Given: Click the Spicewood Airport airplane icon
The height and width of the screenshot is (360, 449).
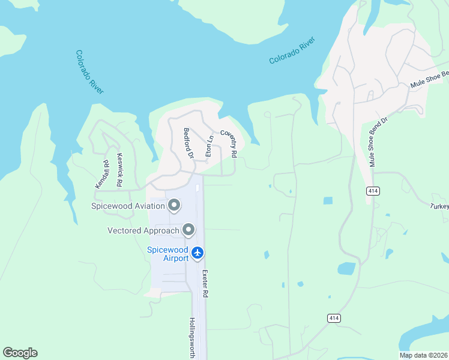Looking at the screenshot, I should (x=198, y=254).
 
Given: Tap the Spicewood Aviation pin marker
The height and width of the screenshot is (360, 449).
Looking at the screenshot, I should (x=175, y=206).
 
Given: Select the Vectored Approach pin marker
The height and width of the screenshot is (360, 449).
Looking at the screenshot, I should (x=188, y=230).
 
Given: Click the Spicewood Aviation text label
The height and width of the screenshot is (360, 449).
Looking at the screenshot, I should (x=127, y=206).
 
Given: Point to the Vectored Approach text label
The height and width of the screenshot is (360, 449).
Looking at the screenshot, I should (x=143, y=230).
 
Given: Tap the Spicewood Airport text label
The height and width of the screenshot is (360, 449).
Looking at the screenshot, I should (x=168, y=254).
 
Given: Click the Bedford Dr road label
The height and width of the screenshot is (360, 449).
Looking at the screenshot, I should (x=188, y=143).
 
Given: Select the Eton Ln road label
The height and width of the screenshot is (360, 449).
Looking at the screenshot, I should (x=209, y=146).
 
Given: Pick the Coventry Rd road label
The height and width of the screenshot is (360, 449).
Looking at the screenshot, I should (x=229, y=144).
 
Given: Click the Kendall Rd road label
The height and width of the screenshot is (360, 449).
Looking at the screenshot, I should (x=101, y=175).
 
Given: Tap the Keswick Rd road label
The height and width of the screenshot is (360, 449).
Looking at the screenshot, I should (x=119, y=170).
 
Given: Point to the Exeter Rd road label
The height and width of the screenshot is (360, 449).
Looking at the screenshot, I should (x=205, y=284).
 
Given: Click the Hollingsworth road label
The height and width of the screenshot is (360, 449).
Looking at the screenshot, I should (x=192, y=338).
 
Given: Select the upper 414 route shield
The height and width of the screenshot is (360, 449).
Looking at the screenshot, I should (x=373, y=190).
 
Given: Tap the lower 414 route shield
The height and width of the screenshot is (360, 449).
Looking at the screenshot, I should (x=333, y=317).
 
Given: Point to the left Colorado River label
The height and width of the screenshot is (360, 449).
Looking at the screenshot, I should (x=89, y=71).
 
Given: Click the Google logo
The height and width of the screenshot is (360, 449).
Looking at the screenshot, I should (x=20, y=353).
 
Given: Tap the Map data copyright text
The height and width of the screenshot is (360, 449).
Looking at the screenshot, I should (x=423, y=355).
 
